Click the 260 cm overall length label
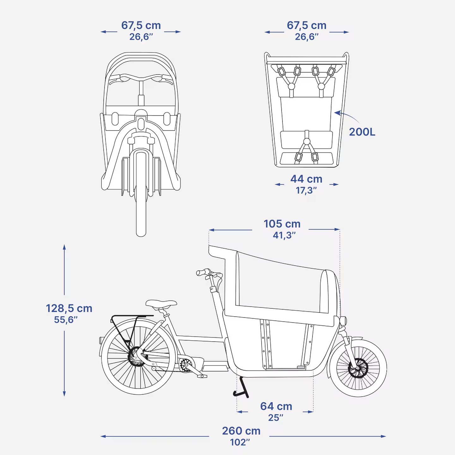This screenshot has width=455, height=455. [x=241, y=431]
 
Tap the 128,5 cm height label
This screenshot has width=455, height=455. [x=69, y=308]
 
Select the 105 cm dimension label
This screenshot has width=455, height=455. [x=282, y=224]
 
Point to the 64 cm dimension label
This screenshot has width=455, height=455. [x=276, y=406]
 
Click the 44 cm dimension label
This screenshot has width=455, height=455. [x=306, y=179]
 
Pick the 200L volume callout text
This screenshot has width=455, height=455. [x=362, y=132]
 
